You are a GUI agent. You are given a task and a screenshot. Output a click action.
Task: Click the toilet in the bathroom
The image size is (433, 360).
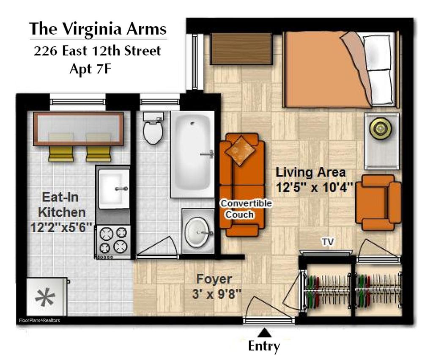(153, 128)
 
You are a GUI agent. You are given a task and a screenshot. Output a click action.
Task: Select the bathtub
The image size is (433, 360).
(192, 154)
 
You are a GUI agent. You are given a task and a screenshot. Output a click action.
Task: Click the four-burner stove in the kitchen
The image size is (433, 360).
(113, 240)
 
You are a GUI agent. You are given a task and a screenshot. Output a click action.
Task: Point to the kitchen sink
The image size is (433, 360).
(114, 189)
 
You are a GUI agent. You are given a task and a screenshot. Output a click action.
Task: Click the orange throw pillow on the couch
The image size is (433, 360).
(240, 151)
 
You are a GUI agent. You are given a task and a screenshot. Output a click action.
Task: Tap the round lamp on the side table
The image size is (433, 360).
(381, 128)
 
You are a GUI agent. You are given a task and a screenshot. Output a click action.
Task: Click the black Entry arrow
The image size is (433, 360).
(265, 333)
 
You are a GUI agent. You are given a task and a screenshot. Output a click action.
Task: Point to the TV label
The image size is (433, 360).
(328, 242)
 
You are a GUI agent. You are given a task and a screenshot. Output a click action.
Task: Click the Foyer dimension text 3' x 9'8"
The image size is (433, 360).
(217, 294)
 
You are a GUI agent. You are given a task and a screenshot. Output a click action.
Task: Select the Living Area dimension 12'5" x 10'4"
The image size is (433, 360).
(315, 188)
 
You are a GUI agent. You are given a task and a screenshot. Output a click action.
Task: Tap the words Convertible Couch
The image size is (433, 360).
(246, 209)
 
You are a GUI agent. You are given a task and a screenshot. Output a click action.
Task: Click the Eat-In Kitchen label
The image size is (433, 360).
(61, 205)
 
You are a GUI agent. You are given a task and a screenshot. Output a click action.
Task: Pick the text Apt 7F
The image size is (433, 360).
(90, 69)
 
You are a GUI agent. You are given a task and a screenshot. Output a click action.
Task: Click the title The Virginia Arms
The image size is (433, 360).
(98, 29)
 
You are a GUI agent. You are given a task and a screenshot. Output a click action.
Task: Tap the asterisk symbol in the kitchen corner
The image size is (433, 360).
(45, 297)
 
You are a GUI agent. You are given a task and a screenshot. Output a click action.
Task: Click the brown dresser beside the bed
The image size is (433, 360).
(241, 49)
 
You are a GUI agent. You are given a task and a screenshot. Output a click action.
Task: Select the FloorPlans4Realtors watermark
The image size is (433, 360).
(39, 321)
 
